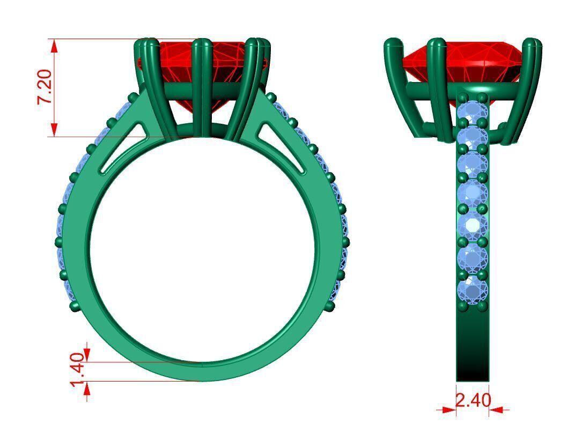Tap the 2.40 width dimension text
pos(473,400)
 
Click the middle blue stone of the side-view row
pos(473,193)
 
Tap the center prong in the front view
pos(202,86)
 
